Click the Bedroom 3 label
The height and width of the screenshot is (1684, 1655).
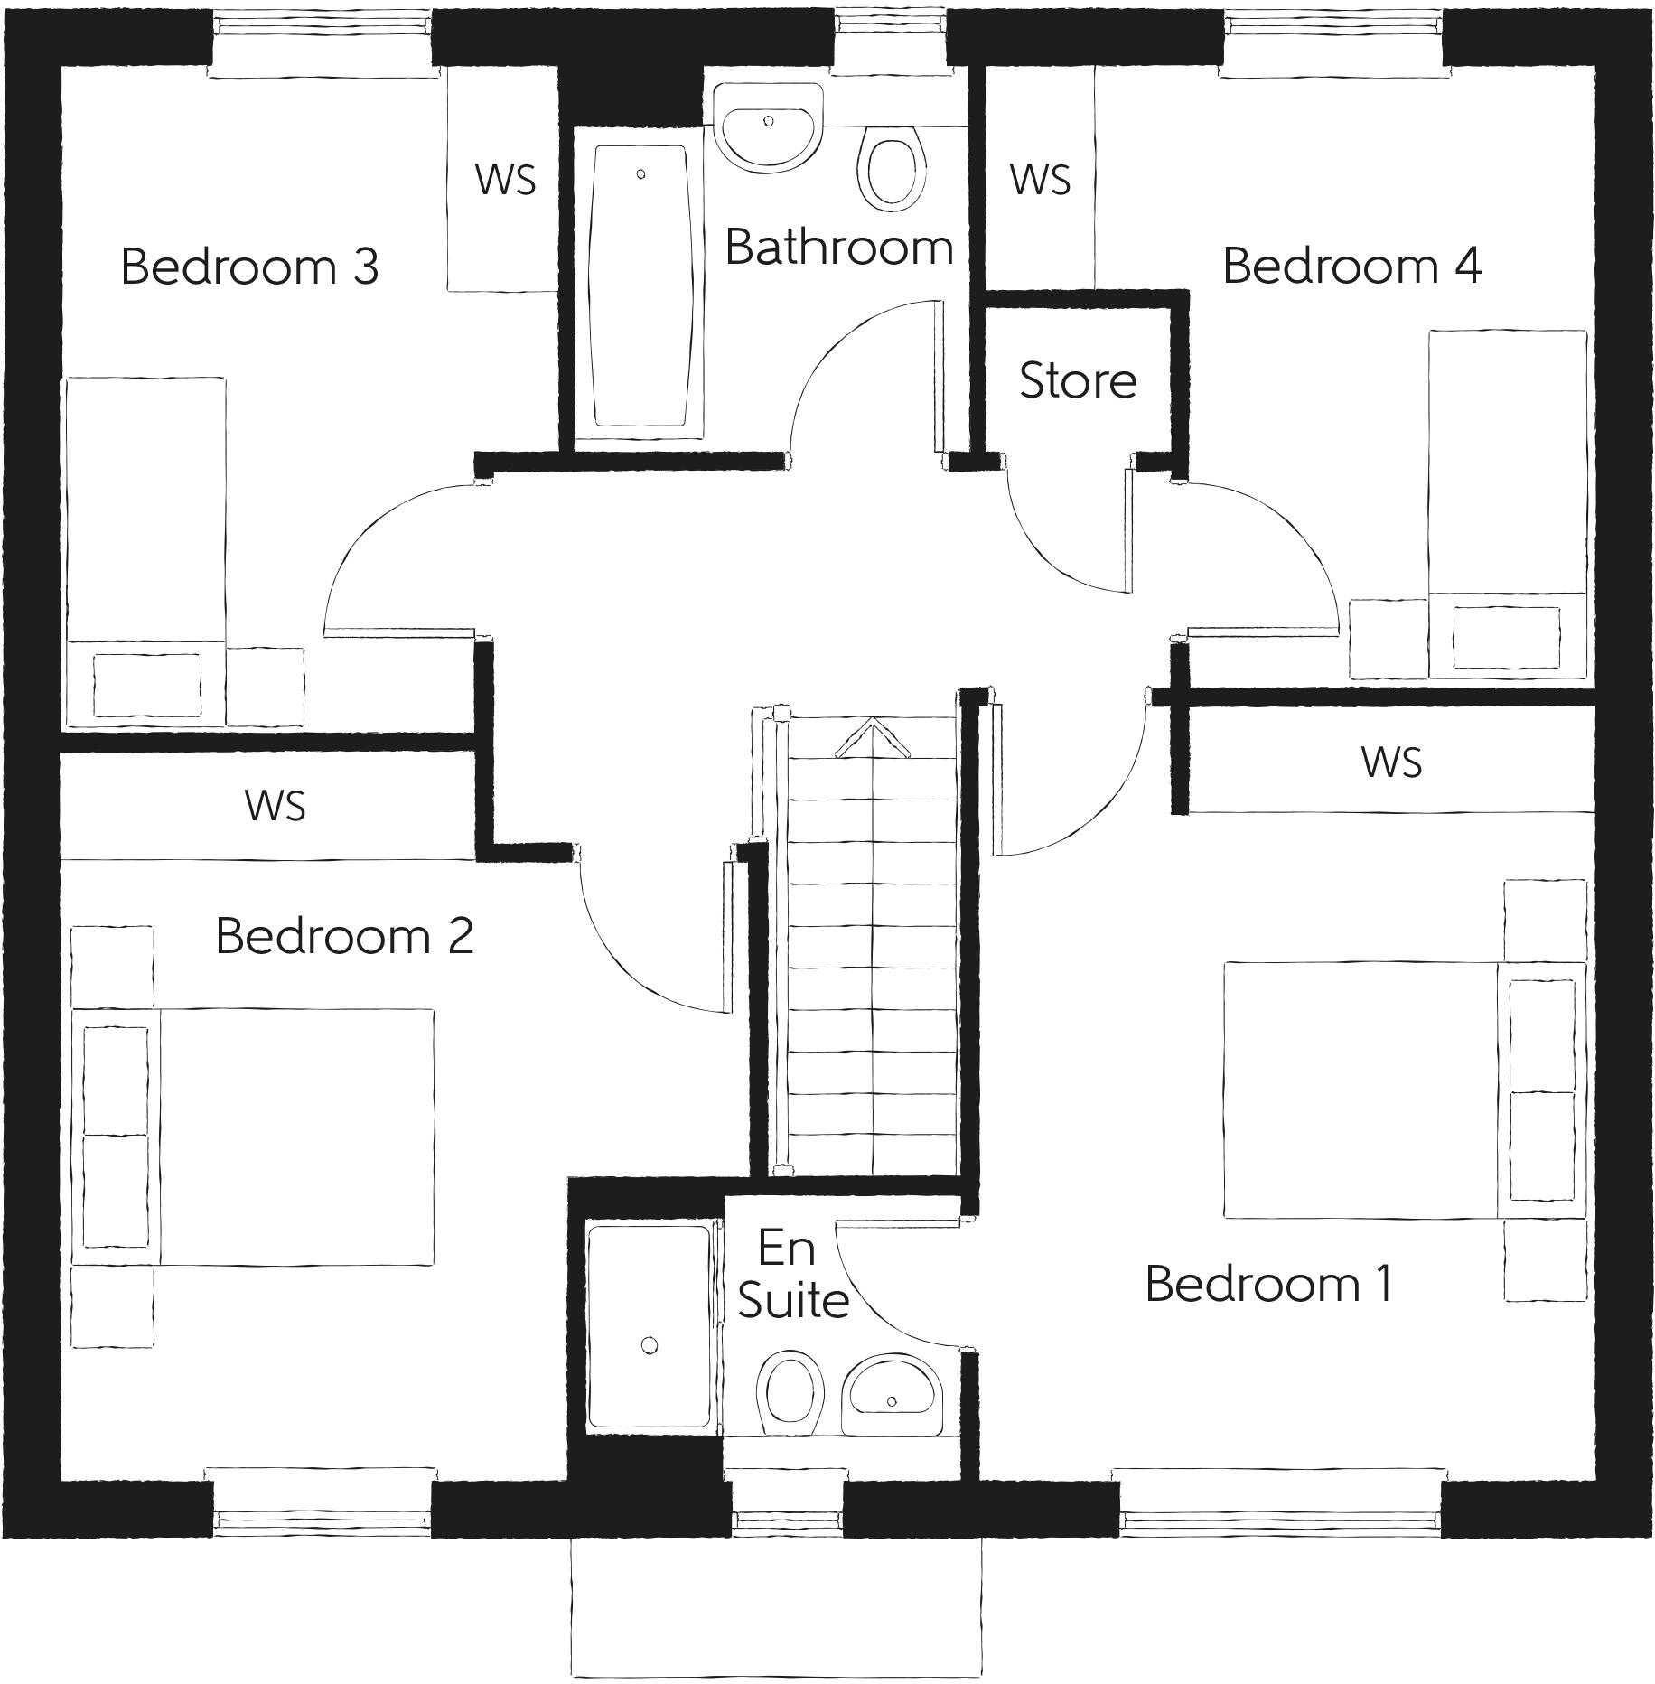coord(249,267)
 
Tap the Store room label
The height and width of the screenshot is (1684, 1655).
coord(1077,380)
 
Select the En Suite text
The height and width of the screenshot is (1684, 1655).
coord(791,1275)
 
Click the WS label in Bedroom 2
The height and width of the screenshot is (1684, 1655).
coord(275,805)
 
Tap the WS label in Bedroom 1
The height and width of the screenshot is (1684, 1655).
coord(1391,762)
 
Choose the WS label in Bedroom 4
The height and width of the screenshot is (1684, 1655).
coord(1040,179)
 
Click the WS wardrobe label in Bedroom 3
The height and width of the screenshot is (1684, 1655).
coord(505,179)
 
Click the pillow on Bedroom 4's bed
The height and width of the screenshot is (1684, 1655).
coord(1506,637)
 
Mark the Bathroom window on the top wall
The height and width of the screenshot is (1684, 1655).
coord(889,38)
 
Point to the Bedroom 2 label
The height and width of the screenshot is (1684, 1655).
coord(344,936)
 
